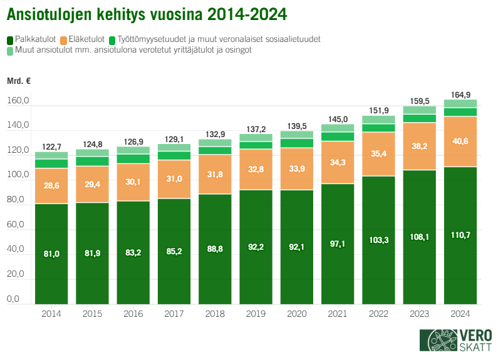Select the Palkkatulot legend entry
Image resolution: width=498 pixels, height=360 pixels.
click(33, 39)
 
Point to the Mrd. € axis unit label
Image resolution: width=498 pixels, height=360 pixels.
click(19, 81)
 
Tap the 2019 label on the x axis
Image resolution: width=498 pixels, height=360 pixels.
click(255, 313)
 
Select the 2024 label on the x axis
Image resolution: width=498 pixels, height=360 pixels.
click(460, 313)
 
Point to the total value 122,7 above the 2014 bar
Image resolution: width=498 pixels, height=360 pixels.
click(51, 147)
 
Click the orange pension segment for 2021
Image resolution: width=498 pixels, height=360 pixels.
click(337, 162)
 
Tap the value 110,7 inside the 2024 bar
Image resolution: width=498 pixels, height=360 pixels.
click(460, 235)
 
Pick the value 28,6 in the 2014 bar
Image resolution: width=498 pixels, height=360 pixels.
click(51, 186)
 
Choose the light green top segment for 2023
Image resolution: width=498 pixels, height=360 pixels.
click(419, 110)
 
